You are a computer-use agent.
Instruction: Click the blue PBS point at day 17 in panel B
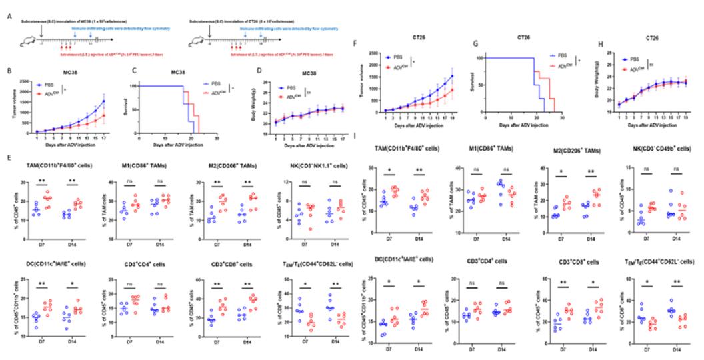123,101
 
